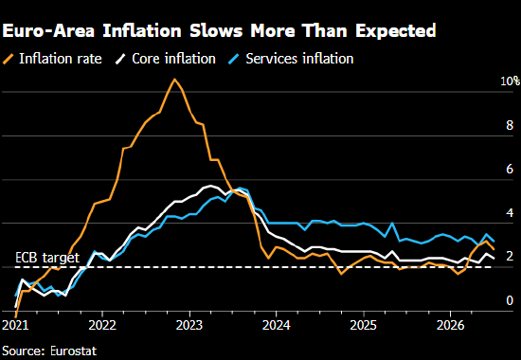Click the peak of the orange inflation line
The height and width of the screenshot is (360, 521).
coord(174,80)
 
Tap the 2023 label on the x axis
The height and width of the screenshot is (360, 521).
coord(189,325)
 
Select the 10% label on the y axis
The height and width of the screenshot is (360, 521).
coord(510,81)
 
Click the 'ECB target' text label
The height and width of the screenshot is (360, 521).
coord(47,258)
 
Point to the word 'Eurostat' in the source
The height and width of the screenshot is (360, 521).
coord(74,351)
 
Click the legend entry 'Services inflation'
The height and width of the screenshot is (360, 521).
coord(299,59)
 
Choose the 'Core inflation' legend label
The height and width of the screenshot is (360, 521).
coord(173,59)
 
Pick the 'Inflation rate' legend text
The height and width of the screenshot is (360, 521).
coord(60,59)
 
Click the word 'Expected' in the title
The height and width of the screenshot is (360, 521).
coord(395,31)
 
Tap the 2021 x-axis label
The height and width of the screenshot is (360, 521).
coord(15,325)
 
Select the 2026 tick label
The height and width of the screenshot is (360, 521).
coord(450,325)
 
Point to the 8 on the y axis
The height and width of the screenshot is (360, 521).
coord(510,125)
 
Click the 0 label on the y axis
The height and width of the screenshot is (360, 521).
coord(510,300)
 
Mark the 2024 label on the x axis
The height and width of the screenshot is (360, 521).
coord(276,325)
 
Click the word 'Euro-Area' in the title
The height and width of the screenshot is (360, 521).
coord(48,31)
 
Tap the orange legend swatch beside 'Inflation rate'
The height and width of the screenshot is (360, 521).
coord(8,59)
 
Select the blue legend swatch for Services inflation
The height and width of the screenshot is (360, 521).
coord(234,59)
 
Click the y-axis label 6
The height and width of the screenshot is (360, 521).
coord(510,170)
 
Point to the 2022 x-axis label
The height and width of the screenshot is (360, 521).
coord(102,325)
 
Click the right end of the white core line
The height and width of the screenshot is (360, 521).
coord(494,259)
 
